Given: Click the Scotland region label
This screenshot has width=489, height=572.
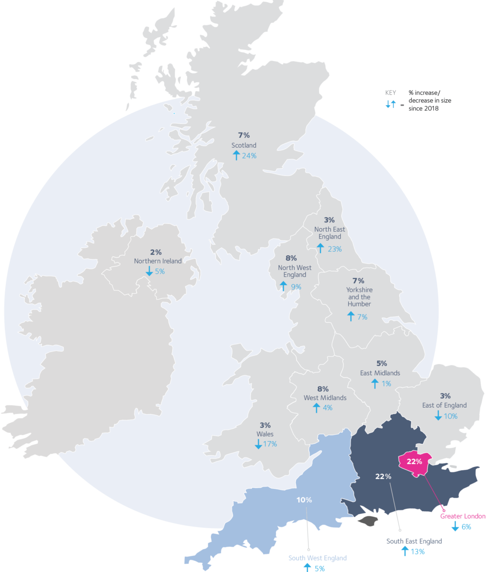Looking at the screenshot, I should (244, 145).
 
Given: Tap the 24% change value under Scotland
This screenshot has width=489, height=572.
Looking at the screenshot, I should (249, 156).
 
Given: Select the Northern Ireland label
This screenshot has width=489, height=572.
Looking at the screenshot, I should (157, 261).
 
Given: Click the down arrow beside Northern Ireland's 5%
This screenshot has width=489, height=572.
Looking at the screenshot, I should (149, 271).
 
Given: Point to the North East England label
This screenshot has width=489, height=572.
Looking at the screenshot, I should (330, 233).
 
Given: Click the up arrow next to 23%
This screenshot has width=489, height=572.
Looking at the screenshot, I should (320, 248).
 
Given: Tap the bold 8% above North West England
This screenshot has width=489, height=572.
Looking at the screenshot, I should (291, 258).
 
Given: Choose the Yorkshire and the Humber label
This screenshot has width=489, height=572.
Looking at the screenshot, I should (358, 297).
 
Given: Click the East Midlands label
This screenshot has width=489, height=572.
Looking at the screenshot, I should (380, 373).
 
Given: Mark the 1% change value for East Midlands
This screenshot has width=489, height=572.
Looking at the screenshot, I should (386, 384).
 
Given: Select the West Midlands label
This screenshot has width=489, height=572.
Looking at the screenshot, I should (325, 397).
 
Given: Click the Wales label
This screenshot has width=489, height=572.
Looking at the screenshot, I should (265, 434).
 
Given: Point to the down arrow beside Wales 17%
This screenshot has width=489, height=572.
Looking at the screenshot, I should (258, 444).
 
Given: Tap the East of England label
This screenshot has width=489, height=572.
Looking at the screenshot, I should (445, 405).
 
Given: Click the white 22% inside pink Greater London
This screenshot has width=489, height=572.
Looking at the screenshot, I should (415, 462).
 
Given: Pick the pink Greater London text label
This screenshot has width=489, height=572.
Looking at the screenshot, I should (463, 516).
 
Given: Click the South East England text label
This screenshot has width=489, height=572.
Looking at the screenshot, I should (414, 541).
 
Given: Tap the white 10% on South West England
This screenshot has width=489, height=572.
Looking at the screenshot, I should (304, 500).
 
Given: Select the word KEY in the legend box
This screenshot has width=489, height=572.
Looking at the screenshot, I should (391, 92).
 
